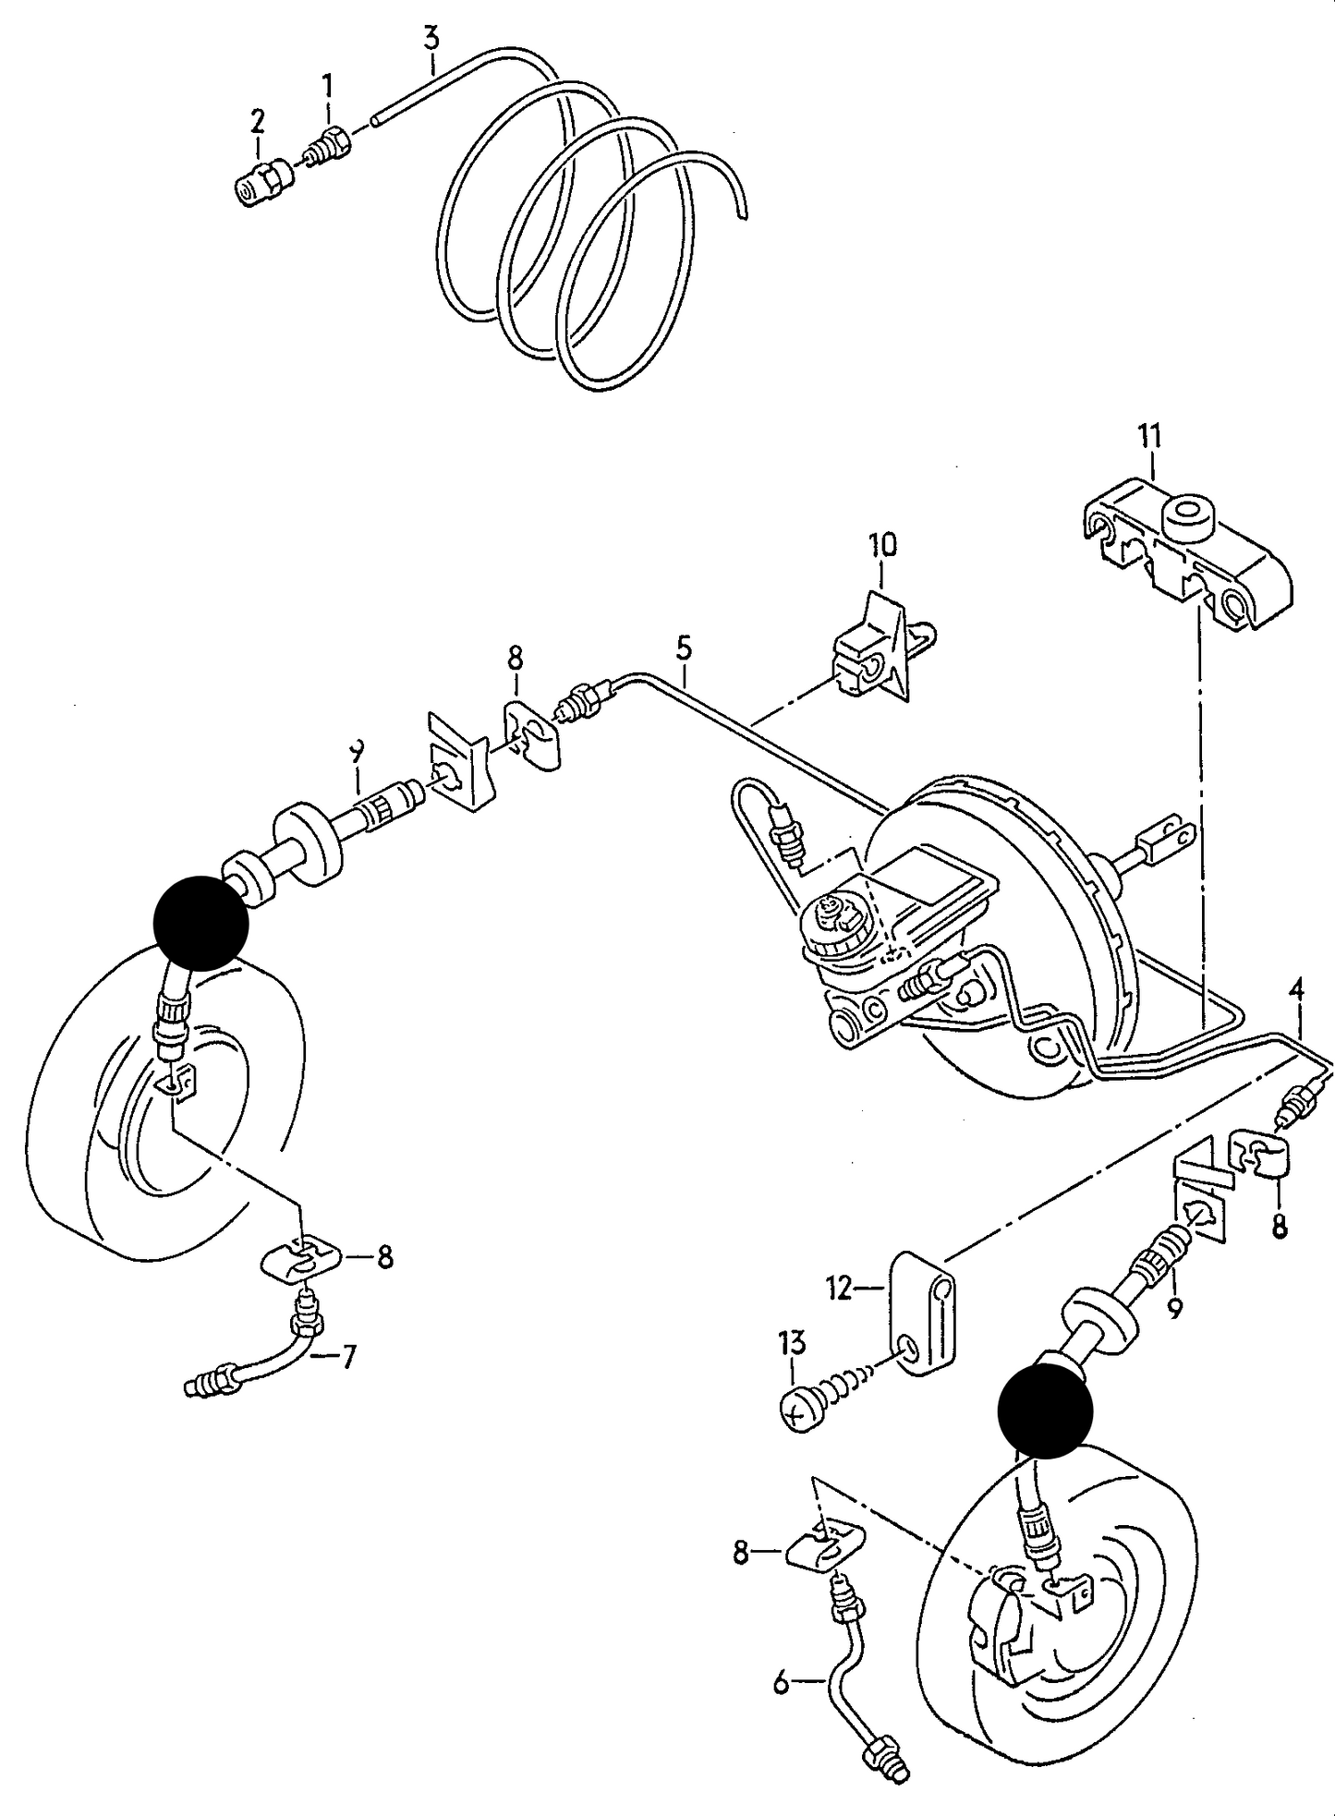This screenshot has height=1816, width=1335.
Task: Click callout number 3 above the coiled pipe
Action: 431,39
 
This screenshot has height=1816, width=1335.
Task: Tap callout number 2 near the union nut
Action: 258,120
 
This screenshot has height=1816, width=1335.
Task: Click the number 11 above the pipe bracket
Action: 1149,435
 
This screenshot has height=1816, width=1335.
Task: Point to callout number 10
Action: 881,544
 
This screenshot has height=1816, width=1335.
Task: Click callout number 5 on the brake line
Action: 683,648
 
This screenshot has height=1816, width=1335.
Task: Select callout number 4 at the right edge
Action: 1297,991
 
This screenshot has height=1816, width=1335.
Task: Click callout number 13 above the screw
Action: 793,1342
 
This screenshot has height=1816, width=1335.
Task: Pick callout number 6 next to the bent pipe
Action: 782,1685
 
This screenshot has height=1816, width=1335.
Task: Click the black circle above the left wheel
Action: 201,922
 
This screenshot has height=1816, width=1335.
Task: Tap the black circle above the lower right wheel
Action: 1045,1411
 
